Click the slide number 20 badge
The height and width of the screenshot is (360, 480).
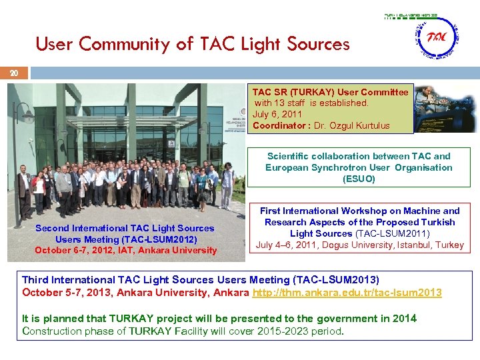pos(13,73)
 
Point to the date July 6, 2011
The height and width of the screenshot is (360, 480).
pos(277,114)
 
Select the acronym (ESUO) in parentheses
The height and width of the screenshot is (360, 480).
pos(359,179)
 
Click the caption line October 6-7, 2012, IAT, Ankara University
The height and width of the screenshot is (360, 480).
pos(125,250)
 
